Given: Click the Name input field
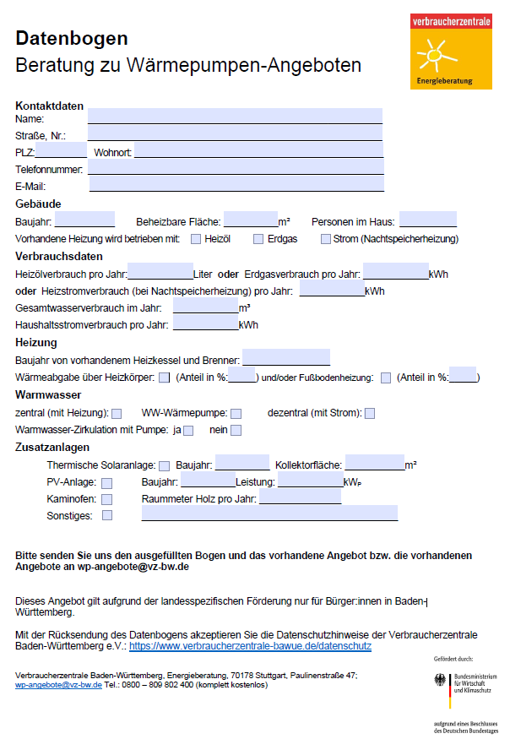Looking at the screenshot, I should tap(235, 117).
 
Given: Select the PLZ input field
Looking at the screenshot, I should tap(61, 151).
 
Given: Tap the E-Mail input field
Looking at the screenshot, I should tap(236, 185).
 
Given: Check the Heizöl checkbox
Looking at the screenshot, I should tap(196, 239).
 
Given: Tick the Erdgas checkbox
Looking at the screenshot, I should tap(258, 239).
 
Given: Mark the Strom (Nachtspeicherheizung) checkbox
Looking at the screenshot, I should tap(325, 239).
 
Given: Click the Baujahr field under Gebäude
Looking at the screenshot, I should tap(84, 220).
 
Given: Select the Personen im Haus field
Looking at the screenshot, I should tap(428, 220).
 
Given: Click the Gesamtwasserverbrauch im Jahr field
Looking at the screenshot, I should tap(205, 307).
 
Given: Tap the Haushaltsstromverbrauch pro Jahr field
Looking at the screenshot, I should tap(205, 324).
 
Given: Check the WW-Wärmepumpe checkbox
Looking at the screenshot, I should tap(236, 413).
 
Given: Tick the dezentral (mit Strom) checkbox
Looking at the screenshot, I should tap(370, 413).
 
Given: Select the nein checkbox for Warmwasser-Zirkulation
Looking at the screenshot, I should tap(236, 431).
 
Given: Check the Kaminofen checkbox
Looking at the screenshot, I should tap(107, 499).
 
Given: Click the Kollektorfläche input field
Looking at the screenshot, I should tap(374, 464).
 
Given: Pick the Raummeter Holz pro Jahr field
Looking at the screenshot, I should tap(301, 498).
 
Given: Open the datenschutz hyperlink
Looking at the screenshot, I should tap(250, 645).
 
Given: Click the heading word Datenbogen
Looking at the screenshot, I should tap(72, 38).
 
